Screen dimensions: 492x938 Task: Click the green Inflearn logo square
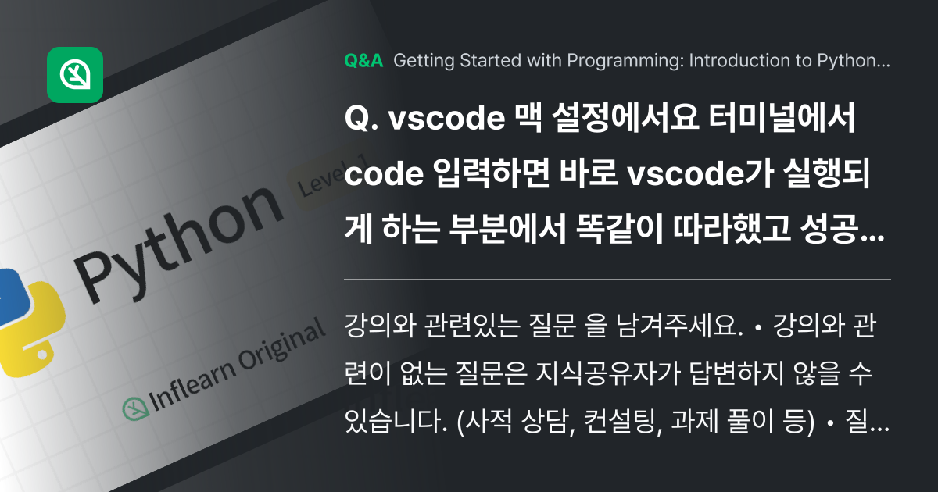(75, 75)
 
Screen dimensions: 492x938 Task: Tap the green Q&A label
(363, 62)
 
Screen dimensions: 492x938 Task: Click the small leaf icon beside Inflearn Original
(135, 408)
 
